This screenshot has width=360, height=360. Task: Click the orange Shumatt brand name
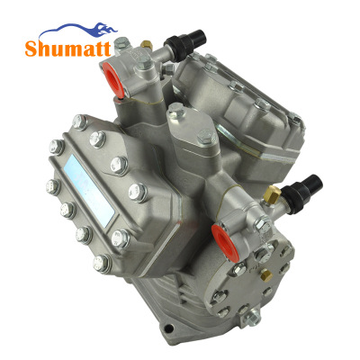pyautogui.click(x=68, y=49)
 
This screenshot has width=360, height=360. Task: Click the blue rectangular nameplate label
pyautogui.click(x=89, y=191)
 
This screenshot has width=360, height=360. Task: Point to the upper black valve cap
pyautogui.click(x=186, y=42)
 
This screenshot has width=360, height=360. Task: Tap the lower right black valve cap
pyautogui.click(x=302, y=190)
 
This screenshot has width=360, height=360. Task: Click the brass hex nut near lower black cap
pyautogui.click(x=272, y=194)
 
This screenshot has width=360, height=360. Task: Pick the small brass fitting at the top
pyautogui.click(x=147, y=45)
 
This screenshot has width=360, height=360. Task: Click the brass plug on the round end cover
pyautogui.click(x=265, y=275)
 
